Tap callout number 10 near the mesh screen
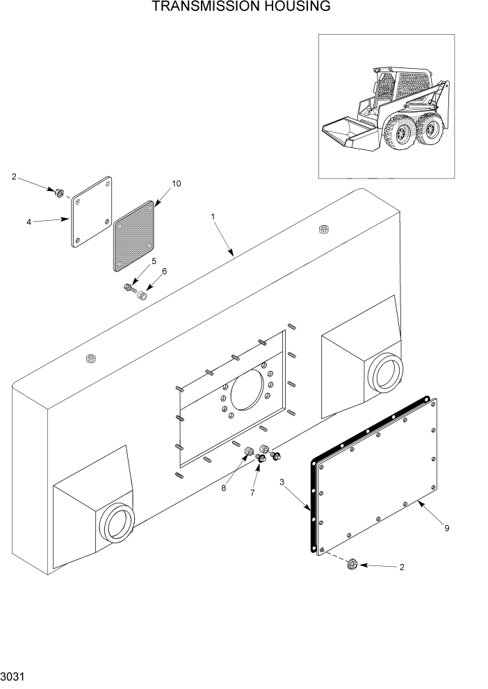tap(176, 184)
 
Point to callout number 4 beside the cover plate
tap(29, 222)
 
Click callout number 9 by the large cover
tap(446, 529)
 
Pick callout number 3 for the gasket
tap(282, 481)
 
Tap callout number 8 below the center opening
tap(224, 488)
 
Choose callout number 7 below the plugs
tap(252, 492)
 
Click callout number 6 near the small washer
tap(165, 271)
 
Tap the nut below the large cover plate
tap(351, 565)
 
